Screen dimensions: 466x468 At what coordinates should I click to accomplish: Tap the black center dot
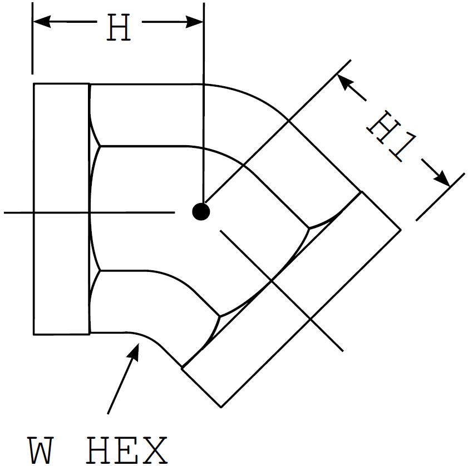tap(201, 211)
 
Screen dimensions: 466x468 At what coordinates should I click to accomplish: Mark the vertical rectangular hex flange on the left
tap(61, 209)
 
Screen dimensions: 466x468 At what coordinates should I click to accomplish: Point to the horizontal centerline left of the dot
tap(89, 212)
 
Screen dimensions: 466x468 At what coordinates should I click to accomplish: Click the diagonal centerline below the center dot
tap(281, 290)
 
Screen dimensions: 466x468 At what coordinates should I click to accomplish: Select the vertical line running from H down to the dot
tap(204, 111)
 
